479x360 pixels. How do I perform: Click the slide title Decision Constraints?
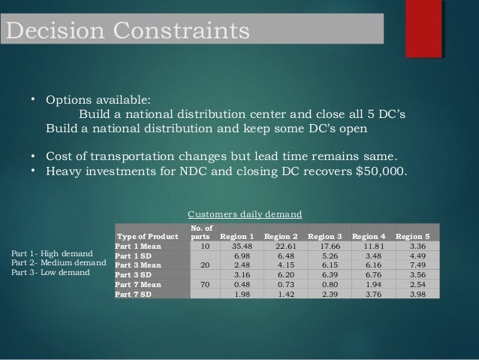coord(126,32)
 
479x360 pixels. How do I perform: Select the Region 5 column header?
coord(413,235)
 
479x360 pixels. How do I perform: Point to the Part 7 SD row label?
coord(135,292)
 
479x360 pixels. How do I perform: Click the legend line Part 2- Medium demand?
coord(60,262)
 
